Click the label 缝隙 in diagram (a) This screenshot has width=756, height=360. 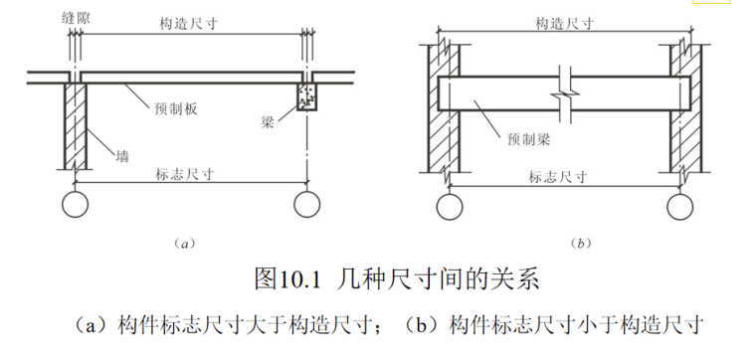point(78,18)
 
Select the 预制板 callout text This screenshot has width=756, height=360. point(177,107)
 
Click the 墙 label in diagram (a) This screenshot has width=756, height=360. point(122,155)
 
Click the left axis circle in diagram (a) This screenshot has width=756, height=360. point(74,205)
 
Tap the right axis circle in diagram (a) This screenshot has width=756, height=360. point(305,205)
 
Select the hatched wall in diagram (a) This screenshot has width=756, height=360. point(75,124)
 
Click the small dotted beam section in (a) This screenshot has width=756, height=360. point(305,96)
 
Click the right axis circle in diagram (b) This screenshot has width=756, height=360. point(680,206)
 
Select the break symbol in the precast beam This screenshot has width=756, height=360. point(564,91)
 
